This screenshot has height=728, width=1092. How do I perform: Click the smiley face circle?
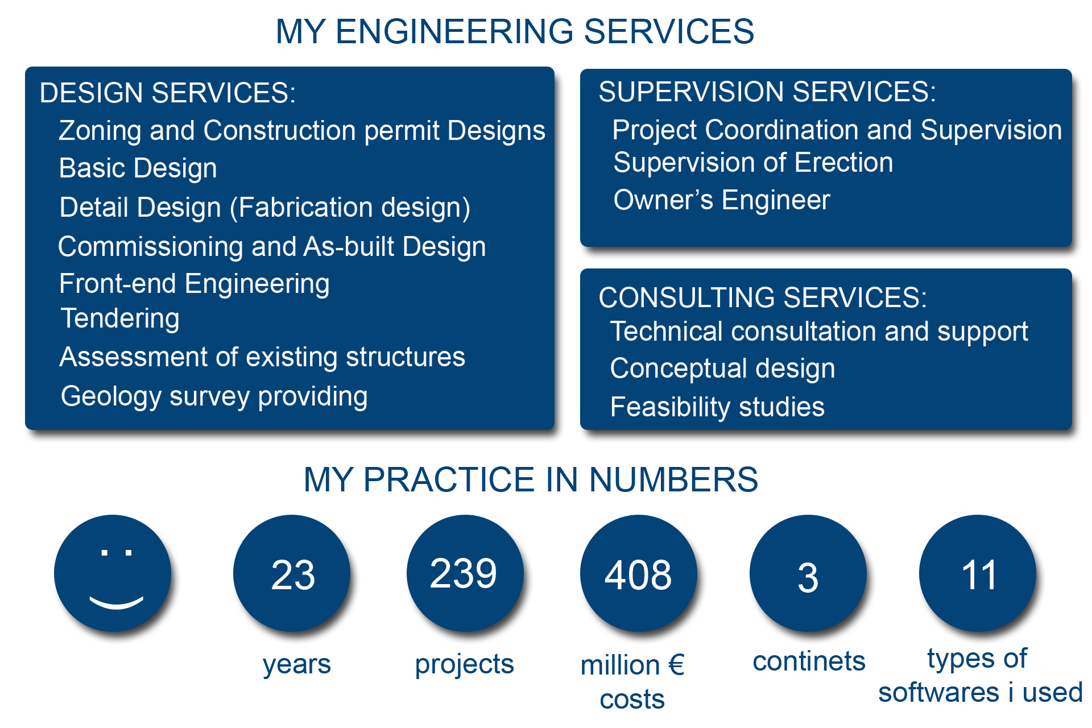click(113, 573)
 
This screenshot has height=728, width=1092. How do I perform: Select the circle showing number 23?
click(292, 573)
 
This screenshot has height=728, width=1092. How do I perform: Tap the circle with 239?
click(465, 573)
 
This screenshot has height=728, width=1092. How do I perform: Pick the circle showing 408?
click(639, 573)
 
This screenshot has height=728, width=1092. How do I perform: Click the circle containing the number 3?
click(808, 573)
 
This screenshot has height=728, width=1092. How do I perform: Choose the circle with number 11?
click(978, 573)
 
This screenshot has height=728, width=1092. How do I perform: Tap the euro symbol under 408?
click(676, 665)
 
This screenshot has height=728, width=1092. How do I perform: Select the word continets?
click(809, 661)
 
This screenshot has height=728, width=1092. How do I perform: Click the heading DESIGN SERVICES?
click(168, 93)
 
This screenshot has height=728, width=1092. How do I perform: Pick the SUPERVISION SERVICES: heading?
click(767, 92)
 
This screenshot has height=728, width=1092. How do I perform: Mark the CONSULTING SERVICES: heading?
click(763, 297)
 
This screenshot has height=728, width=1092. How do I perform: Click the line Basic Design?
click(138, 168)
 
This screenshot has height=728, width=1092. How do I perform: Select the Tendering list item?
click(120, 318)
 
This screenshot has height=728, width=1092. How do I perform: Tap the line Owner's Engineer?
click(722, 200)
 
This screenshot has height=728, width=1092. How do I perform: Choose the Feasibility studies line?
click(717, 407)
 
